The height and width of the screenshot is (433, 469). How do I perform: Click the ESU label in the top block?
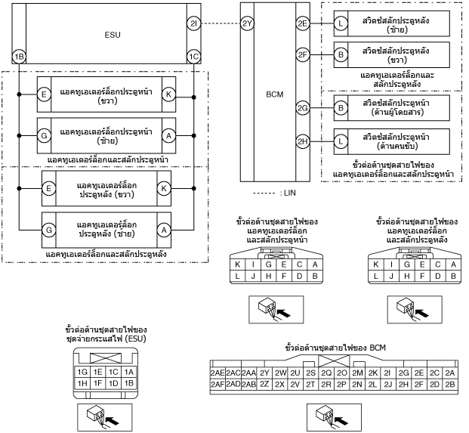113,35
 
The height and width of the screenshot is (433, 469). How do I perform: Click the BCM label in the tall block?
275,94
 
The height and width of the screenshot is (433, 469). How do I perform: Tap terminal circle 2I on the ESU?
194,23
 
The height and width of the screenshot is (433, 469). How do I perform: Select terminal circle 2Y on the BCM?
248,23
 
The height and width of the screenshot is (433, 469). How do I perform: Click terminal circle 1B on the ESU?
19,57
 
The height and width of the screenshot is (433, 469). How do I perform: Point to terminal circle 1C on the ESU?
194,57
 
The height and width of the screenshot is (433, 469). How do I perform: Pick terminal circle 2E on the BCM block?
303,23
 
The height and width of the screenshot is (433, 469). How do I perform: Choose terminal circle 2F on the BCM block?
303,54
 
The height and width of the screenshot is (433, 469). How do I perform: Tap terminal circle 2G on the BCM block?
303,108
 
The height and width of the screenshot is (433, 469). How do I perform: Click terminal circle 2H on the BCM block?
303,141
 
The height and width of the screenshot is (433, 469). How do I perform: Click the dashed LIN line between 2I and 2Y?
221,23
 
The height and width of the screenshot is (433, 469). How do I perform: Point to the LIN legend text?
288,193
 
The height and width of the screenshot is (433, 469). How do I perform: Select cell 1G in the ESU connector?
82,372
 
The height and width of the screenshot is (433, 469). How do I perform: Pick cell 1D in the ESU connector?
113,383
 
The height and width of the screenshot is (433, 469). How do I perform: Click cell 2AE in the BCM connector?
218,373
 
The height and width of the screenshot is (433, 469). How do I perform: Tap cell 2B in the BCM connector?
450,384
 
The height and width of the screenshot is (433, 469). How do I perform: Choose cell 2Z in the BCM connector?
264,384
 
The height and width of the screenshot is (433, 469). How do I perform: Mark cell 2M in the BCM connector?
357,373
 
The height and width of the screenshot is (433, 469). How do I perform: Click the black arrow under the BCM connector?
341,421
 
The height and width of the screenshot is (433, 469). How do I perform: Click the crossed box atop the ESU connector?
106,358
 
